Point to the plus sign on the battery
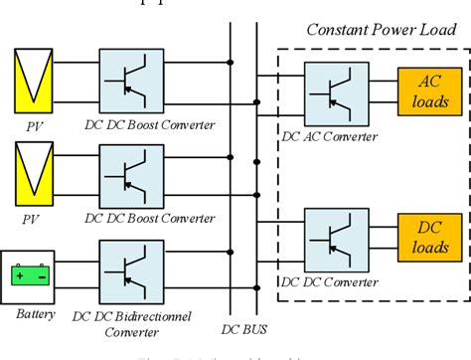coord(21,274)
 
